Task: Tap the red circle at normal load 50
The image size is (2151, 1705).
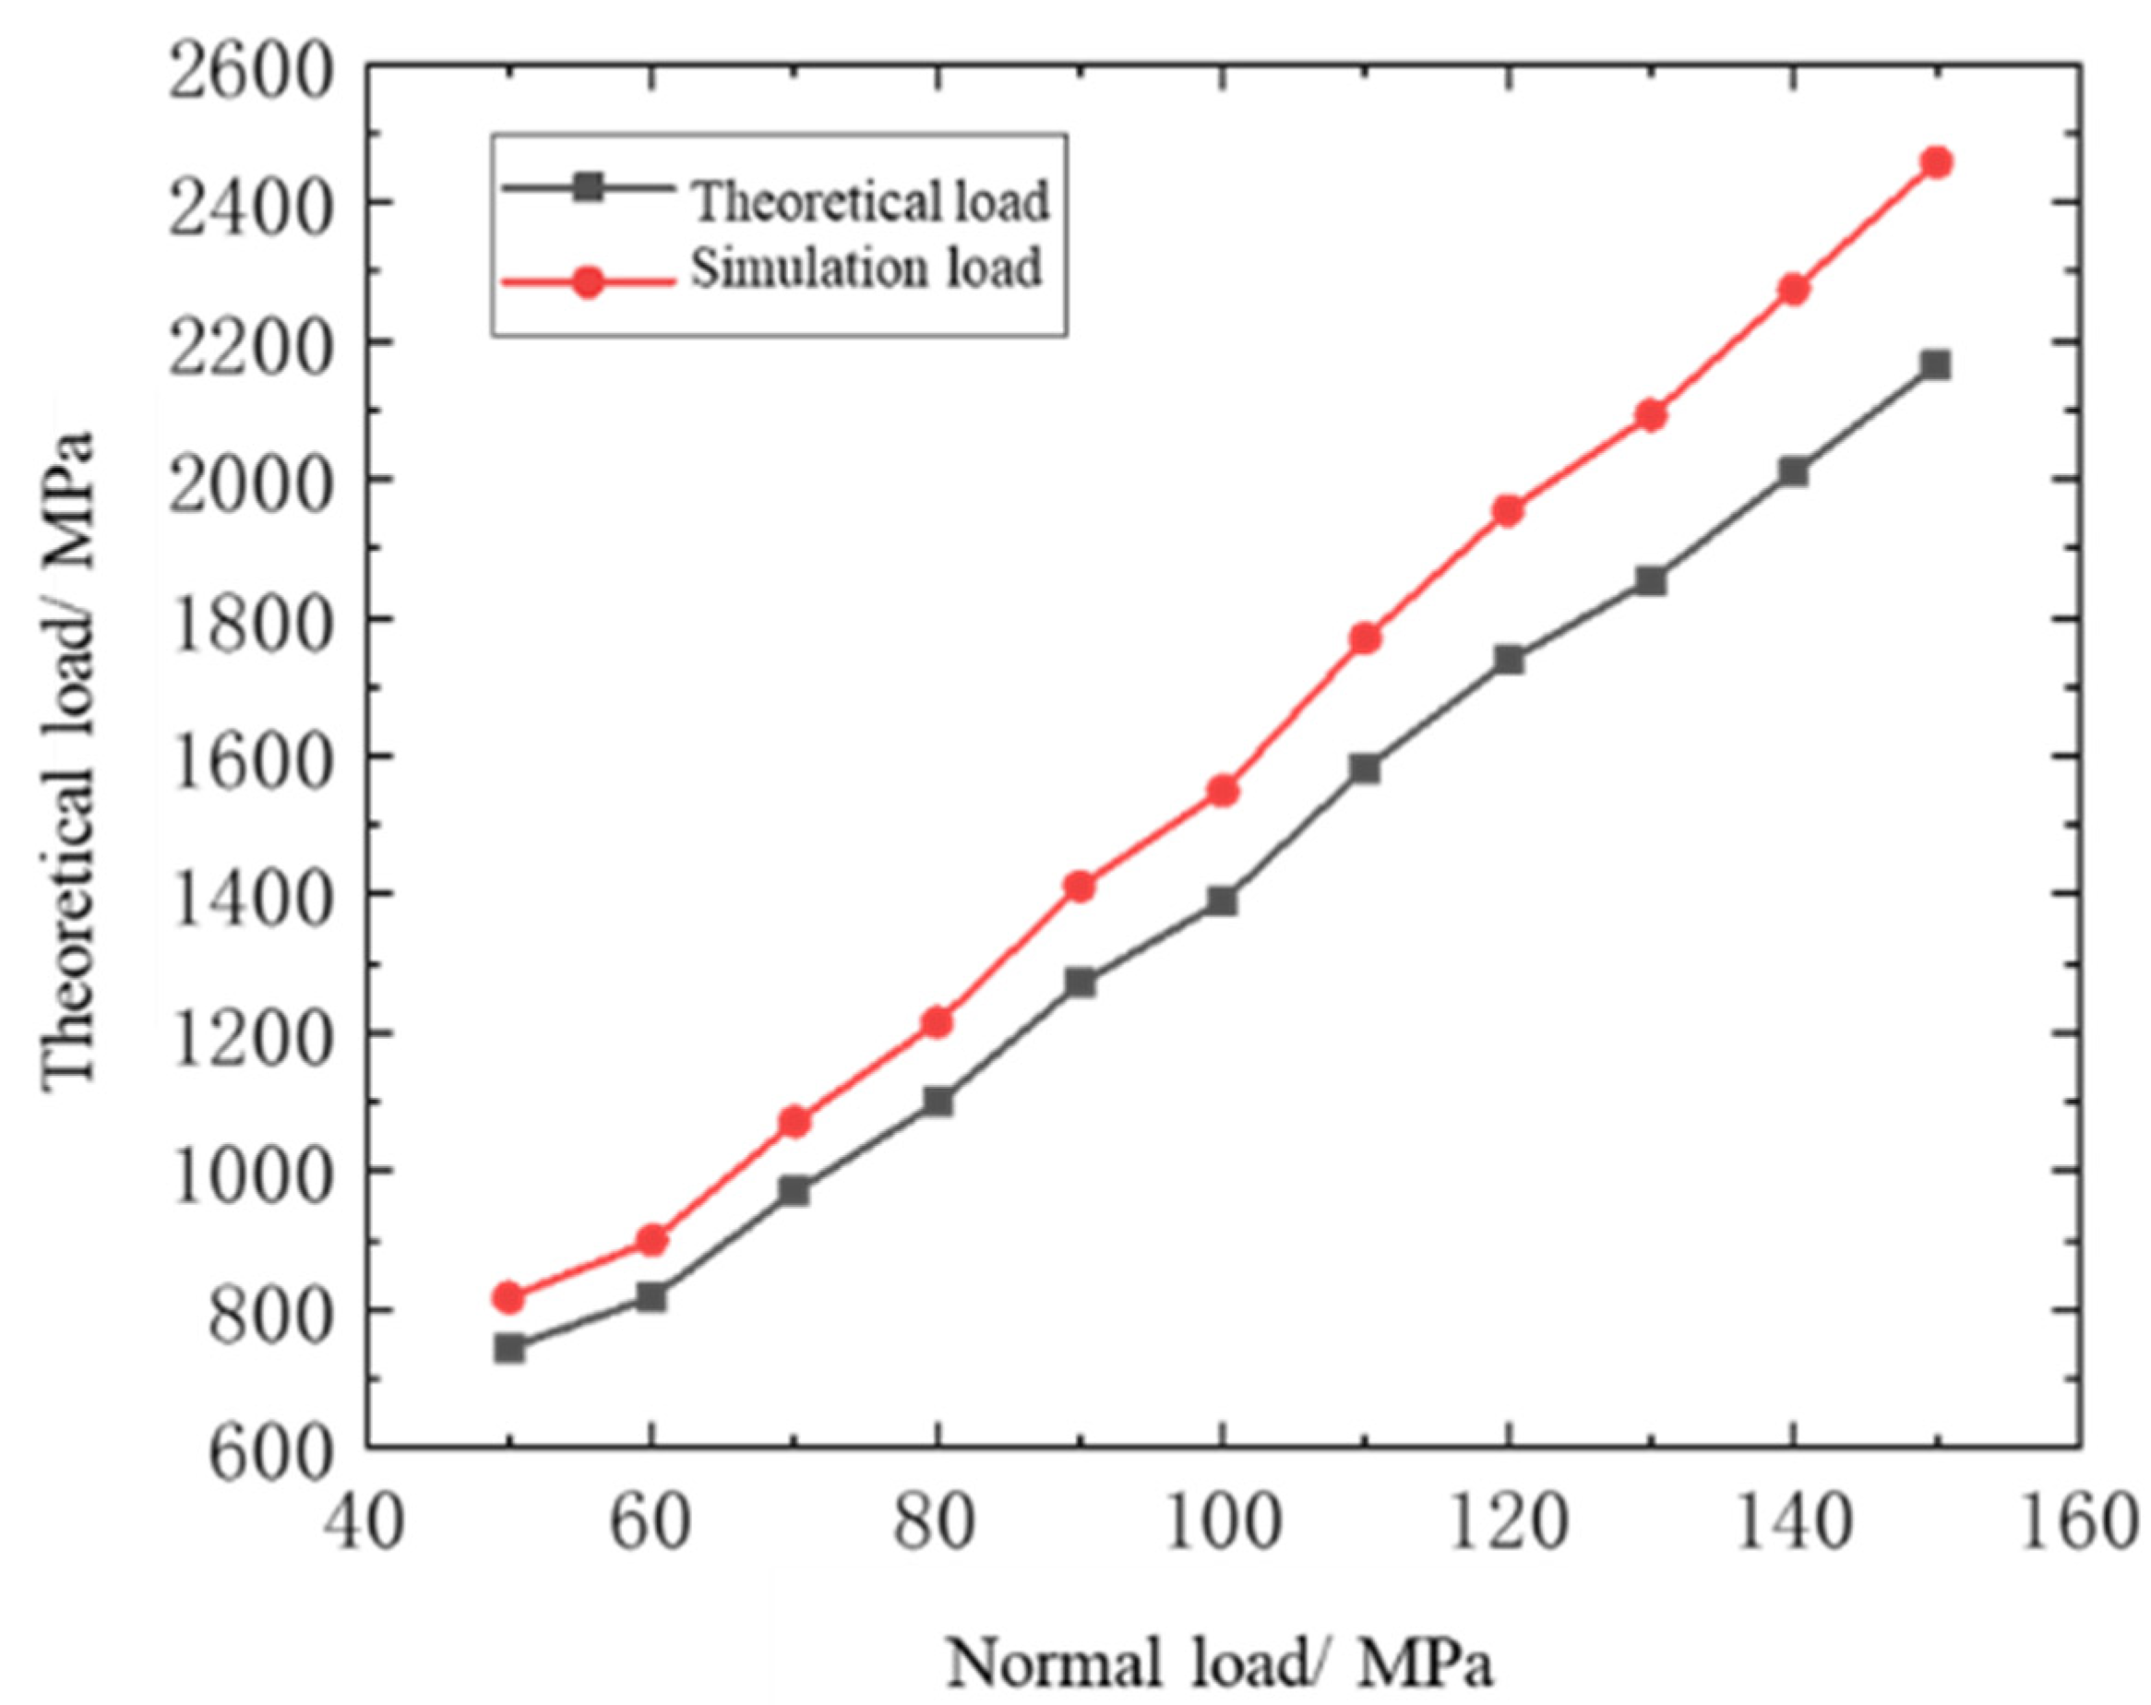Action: click(508, 1297)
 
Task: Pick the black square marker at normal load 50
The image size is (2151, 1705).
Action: click(508, 1349)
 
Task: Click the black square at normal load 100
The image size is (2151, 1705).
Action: click(1222, 900)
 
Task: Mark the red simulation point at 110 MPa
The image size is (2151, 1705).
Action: click(1365, 638)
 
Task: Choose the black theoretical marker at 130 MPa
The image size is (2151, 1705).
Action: click(1651, 579)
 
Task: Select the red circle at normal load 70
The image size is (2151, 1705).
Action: click(795, 1123)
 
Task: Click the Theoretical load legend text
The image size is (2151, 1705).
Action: click(871, 200)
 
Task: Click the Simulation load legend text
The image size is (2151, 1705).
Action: click(866, 268)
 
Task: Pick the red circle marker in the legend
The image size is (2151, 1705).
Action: click(589, 282)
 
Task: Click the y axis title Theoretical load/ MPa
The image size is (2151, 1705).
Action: click(70, 758)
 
